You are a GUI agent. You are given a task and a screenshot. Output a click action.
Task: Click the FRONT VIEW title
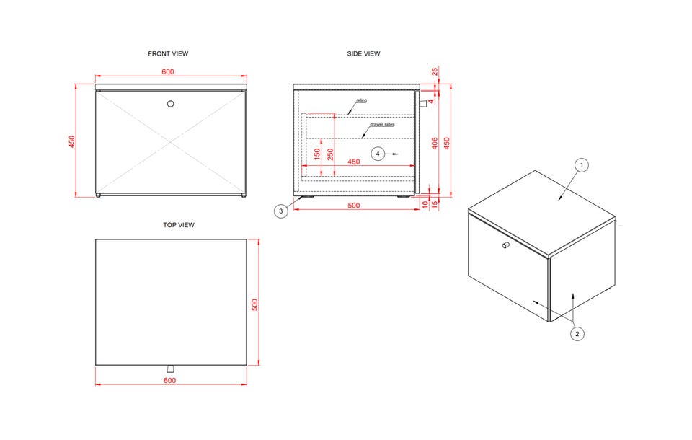coord(168,53)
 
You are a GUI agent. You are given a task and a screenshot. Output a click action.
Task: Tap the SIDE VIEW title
coord(363,53)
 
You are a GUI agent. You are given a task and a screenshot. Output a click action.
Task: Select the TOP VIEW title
coord(179,225)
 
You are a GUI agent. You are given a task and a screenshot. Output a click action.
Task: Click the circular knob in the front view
coord(170,104)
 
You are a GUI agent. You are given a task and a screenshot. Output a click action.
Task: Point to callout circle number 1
coord(582,165)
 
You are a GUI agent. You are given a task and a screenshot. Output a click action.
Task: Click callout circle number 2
coord(577,333)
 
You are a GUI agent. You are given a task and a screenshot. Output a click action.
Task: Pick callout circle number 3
coord(280,211)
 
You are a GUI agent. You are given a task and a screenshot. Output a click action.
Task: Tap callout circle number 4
coord(378,154)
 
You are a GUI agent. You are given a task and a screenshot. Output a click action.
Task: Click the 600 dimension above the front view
coord(168,71)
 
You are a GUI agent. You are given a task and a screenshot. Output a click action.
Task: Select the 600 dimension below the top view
coord(170,380)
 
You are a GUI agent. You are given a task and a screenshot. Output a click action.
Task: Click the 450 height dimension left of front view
coord(72,141)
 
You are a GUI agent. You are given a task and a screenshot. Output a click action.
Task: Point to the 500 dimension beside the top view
coord(254,305)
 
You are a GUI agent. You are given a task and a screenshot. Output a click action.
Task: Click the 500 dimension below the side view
coord(354,206)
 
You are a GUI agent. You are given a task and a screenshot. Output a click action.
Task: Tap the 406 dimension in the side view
coord(435,143)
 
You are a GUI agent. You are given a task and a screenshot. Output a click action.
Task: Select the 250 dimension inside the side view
coord(330,154)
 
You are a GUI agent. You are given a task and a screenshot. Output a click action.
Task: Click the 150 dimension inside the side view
coord(317,154)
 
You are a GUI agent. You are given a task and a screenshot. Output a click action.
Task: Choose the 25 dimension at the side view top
coord(435,71)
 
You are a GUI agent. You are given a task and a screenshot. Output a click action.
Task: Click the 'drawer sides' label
coord(382,125)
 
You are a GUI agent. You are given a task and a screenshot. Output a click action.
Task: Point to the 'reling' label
coord(361,100)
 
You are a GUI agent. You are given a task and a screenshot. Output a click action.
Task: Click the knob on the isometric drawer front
coord(506,245)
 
